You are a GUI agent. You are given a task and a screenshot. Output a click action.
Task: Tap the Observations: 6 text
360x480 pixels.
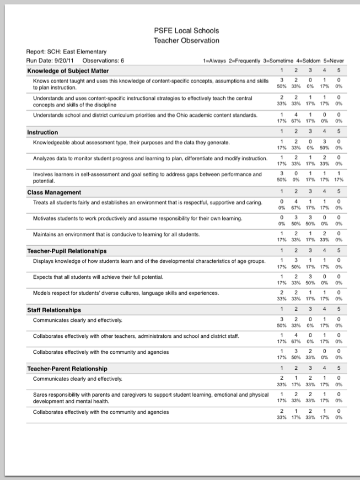103,60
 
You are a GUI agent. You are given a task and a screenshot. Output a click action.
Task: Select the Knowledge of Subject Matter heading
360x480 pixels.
68,71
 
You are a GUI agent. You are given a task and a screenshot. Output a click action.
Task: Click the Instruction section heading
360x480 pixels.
42,132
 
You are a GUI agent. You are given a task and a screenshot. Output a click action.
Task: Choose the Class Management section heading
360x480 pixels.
54,192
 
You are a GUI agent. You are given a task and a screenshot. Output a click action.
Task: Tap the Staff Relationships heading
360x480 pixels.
54,310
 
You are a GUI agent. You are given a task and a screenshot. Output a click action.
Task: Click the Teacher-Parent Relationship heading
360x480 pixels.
67,369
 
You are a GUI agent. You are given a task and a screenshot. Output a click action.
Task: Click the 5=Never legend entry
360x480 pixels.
331,60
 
